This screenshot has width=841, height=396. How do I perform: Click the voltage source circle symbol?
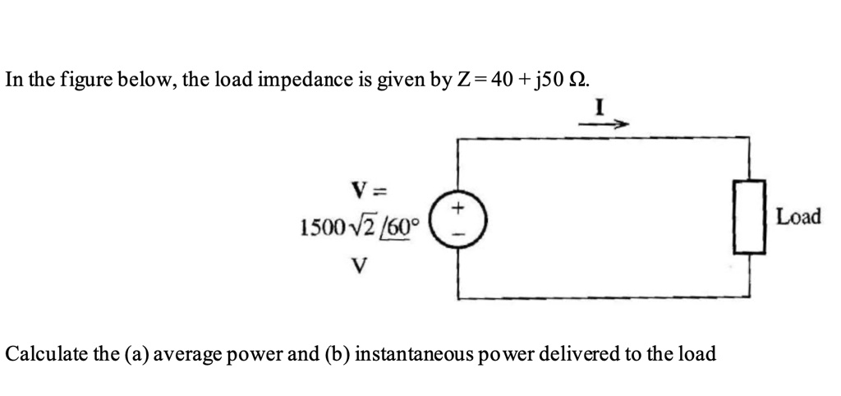pyautogui.click(x=457, y=219)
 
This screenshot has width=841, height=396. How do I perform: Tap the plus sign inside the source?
pyautogui.click(x=457, y=209)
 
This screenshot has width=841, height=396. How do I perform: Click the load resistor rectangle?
pyautogui.click(x=749, y=218)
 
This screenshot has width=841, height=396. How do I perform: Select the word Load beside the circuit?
pyautogui.click(x=798, y=218)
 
